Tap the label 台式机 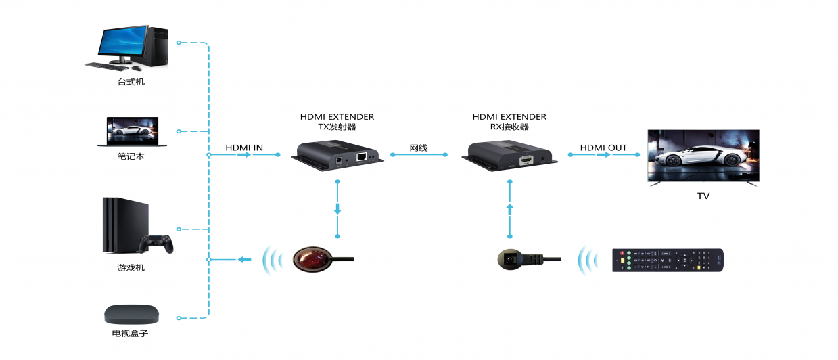(x=131, y=83)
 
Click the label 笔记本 (x=131, y=156)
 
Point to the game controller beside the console (x=156, y=244)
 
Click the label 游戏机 (x=131, y=268)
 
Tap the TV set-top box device (x=131, y=314)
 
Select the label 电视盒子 (x=131, y=334)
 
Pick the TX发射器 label (x=337, y=127)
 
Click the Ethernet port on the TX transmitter (x=362, y=157)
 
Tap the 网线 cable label (x=419, y=148)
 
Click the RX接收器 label (x=509, y=127)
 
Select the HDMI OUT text (x=603, y=148)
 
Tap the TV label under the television (x=703, y=196)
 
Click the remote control (x=668, y=260)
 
